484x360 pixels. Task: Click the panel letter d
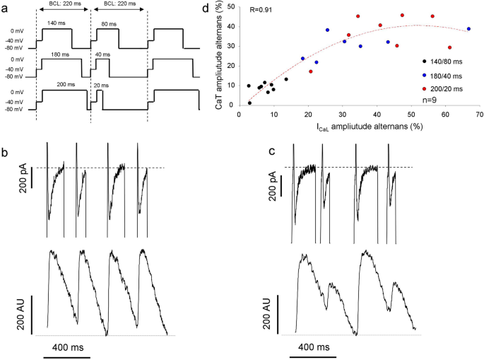coord(206,8)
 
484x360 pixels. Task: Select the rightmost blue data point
coord(468,29)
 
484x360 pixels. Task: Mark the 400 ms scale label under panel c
coord(315,347)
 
